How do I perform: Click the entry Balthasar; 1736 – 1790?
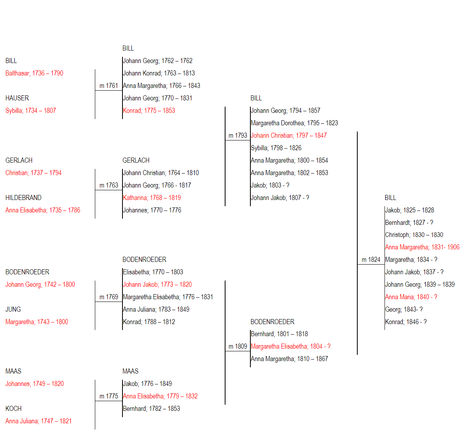coord(34,73)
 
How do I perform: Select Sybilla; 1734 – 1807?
coord(31,111)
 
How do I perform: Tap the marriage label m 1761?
coord(108,86)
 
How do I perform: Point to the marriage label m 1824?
coord(371,260)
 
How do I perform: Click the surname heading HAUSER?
coord(17,98)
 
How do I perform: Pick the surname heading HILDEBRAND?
coord(24,198)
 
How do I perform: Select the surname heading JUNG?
coord(13,309)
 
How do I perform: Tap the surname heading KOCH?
coord(13,409)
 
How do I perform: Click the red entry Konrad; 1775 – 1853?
coord(149,111)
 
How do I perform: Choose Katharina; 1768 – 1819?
coord(152,198)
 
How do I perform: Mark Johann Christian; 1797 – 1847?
coord(289,135)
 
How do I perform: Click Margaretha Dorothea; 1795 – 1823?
coord(294,123)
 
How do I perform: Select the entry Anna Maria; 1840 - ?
coord(411,297)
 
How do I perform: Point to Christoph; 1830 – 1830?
coord(414,235)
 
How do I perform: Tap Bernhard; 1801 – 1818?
coord(279,334)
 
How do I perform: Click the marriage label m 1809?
coord(238,346)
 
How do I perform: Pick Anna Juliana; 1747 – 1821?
coord(38,421)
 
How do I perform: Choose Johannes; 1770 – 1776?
coord(152,210)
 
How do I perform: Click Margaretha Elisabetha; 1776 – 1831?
coord(168,297)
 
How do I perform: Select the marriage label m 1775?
coord(109,396)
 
